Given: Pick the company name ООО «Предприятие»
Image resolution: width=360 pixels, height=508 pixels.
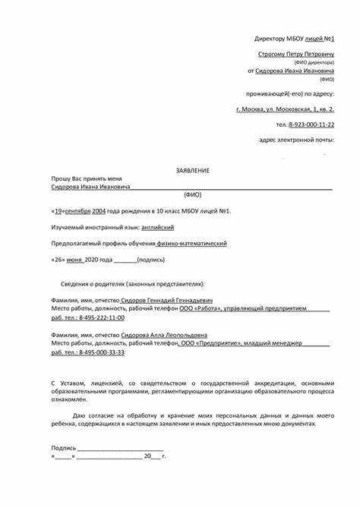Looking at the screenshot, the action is [x=210, y=344].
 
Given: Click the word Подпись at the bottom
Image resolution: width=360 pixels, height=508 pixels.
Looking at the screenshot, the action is [x=63, y=448].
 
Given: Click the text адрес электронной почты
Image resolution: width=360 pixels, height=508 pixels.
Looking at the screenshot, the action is [x=295, y=140].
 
